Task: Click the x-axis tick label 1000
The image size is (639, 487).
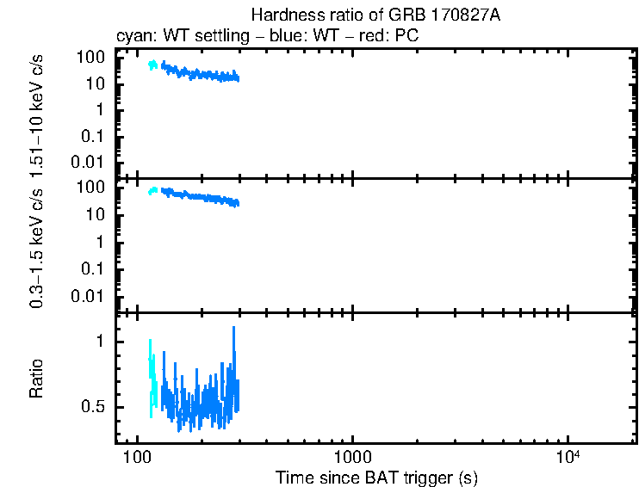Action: click(x=352, y=455)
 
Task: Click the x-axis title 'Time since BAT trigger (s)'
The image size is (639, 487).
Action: click(x=376, y=477)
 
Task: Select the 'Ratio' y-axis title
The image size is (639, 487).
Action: click(x=37, y=378)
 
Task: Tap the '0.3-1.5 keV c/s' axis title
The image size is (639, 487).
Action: click(x=37, y=246)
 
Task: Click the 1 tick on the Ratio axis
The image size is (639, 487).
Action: click(x=101, y=341)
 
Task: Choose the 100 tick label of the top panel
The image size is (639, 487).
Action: click(x=91, y=57)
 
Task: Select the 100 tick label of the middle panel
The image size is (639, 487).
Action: click(x=91, y=188)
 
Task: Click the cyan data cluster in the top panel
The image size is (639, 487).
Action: click(x=154, y=65)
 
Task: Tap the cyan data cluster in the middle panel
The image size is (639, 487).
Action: click(x=154, y=191)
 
